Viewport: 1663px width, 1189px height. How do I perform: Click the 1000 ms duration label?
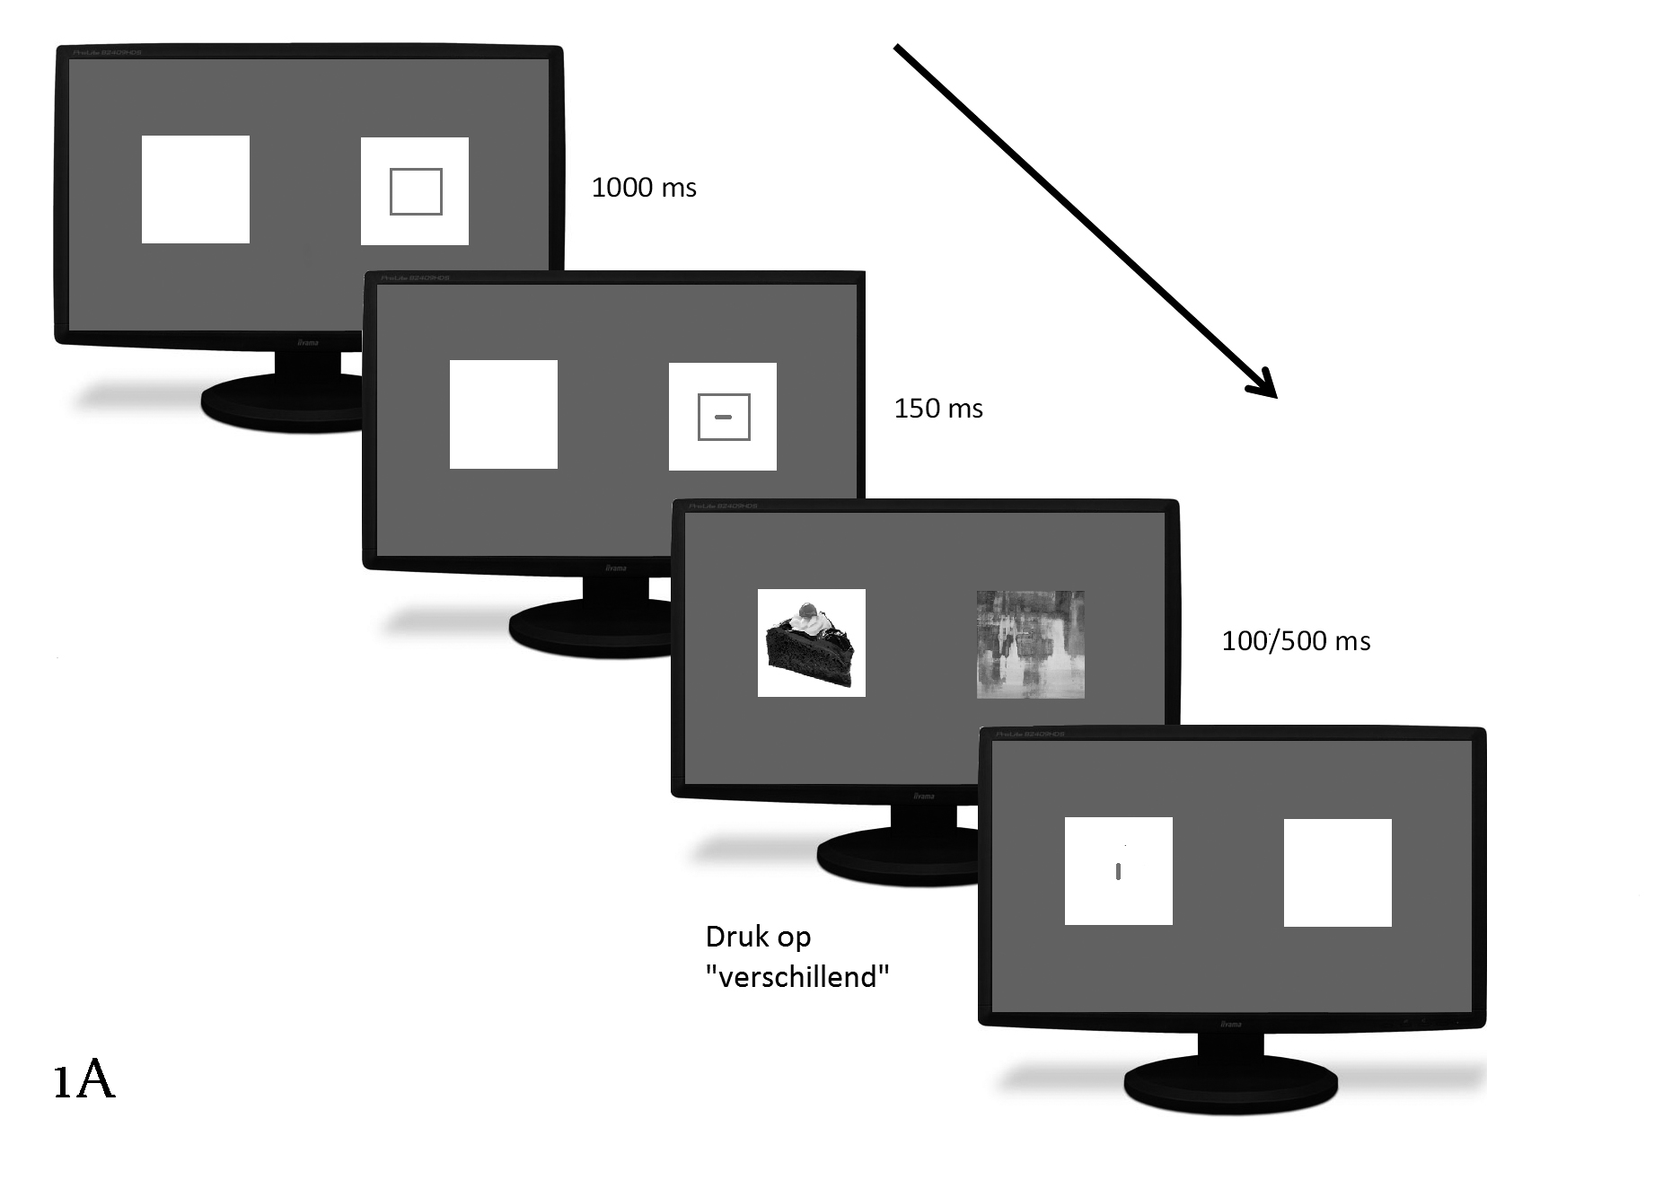click(x=644, y=188)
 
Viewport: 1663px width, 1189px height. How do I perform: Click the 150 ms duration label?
click(x=938, y=409)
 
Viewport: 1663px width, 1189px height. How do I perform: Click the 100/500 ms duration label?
click(x=1296, y=641)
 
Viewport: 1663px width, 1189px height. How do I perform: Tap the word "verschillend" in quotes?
click(x=797, y=977)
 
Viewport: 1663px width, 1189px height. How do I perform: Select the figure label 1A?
click(x=84, y=1080)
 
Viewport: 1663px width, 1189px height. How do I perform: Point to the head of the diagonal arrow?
click(x=1266, y=386)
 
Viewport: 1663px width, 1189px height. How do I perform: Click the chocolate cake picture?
click(x=811, y=643)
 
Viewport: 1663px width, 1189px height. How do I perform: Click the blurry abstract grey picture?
click(x=1030, y=644)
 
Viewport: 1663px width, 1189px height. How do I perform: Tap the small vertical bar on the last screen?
click(x=1118, y=871)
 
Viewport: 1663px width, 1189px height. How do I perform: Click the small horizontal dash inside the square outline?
click(x=723, y=417)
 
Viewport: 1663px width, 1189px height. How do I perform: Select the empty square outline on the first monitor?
click(x=416, y=191)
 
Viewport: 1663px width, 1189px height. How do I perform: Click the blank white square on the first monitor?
click(x=196, y=189)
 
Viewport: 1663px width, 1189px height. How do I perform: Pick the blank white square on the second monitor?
click(x=504, y=415)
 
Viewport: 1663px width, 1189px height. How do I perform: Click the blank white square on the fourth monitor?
click(x=1338, y=872)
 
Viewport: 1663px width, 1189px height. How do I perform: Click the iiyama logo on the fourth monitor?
click(x=1230, y=1024)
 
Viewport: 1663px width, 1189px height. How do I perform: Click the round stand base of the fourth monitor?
click(x=1231, y=1088)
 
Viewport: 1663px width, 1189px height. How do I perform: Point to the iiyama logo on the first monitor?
click(x=308, y=342)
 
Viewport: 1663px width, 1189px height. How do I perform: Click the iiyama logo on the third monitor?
click(x=923, y=796)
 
